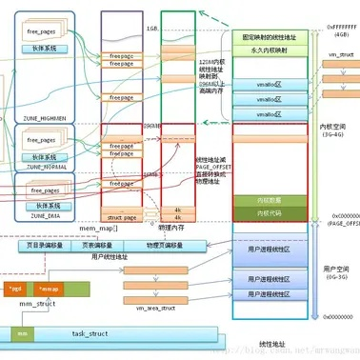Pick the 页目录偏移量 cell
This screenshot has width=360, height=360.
44,244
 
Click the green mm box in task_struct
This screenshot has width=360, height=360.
21,334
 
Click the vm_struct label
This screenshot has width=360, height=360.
339,55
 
